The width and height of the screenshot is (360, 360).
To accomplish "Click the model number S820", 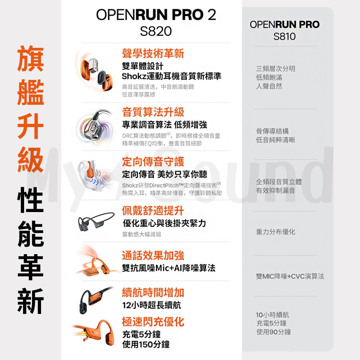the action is point(156,31).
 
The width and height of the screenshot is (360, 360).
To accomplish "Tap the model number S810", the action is point(284,36).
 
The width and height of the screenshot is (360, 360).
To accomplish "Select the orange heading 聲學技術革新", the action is point(153,54).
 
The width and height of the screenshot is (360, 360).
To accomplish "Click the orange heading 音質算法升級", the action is point(153,112).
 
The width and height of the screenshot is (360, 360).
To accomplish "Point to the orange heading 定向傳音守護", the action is point(153,162).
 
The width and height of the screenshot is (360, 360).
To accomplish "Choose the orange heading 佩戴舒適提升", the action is point(153,211).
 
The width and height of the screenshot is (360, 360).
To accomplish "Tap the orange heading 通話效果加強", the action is point(153,255).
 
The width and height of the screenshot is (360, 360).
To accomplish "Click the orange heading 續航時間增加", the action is point(153,292).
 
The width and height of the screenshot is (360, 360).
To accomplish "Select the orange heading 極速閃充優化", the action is point(153,321).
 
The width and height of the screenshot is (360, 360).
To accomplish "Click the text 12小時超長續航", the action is point(152,305).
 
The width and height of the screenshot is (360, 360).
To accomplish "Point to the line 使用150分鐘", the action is point(146,345).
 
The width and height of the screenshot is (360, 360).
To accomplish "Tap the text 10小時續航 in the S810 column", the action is point(272,315).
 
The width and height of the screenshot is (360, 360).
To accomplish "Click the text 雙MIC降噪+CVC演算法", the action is point(290,276).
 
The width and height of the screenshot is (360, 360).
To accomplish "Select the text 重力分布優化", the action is point(275,232).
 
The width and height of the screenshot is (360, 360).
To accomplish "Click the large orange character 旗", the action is point(31,59).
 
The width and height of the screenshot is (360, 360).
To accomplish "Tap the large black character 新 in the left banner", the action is point(31,301).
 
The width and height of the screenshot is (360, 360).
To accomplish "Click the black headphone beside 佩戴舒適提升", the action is point(96,221).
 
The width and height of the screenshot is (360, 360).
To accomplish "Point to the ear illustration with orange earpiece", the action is point(95,175).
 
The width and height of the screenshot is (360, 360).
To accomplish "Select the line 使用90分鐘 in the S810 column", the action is point(274,332).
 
